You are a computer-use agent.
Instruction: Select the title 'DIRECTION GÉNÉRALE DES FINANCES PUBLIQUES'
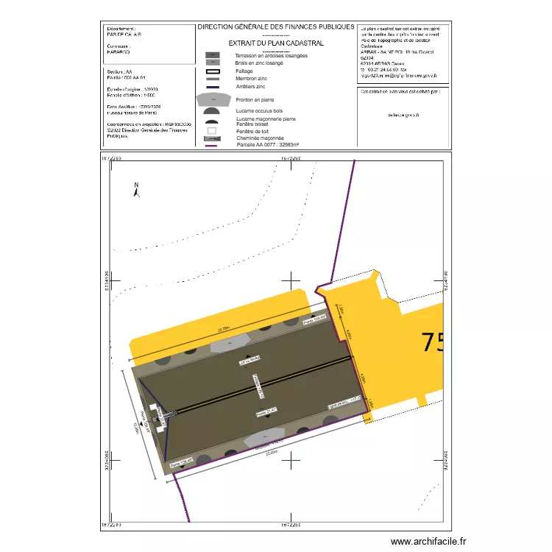pyautogui.click(x=276, y=26)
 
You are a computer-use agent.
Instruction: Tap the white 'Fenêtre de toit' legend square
pyautogui.click(x=212, y=131)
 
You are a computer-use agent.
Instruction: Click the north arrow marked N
pyautogui.click(x=135, y=190)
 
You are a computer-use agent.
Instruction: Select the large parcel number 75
pyautogui.click(x=432, y=342)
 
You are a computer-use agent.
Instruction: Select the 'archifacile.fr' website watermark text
pyautogui.click(x=428, y=542)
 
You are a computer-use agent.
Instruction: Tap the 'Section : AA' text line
pyautogui.click(x=118, y=71)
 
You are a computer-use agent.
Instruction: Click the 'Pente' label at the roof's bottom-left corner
pyautogui.click(x=181, y=463)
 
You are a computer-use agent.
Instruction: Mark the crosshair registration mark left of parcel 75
pyautogui.click(x=294, y=280)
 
